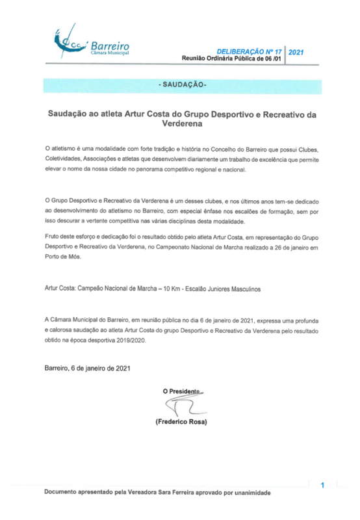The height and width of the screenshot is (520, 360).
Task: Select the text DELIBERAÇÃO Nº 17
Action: coord(251,51)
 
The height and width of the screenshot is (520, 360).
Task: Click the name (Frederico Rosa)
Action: coord(181,422)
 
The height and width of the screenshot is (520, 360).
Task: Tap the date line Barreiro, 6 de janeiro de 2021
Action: coord(88,369)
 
